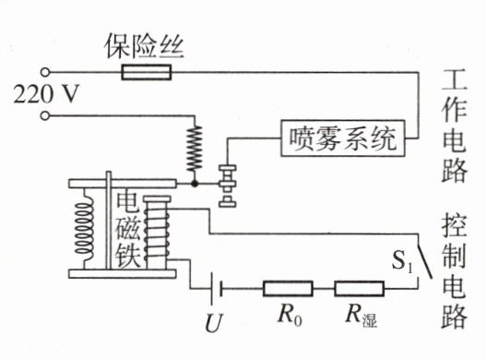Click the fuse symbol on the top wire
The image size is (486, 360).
[x=146, y=72]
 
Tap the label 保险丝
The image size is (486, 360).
[x=145, y=47]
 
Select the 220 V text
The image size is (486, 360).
[x=45, y=94]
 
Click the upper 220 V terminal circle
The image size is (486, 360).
[x=45, y=72]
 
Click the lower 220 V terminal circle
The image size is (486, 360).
[x=45, y=116]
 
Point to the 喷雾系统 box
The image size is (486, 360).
[x=343, y=138]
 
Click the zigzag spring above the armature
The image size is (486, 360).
[x=195, y=149]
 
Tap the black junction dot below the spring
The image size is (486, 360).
[x=195, y=184]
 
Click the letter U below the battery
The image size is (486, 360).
[x=214, y=323]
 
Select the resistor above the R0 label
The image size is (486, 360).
[x=288, y=289]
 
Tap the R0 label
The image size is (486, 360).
[x=290, y=316]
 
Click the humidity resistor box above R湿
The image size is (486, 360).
[x=360, y=289]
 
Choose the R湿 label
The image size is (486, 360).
[x=362, y=316]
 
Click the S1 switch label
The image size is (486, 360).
[x=402, y=260]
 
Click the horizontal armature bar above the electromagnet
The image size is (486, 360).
[x=123, y=184]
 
